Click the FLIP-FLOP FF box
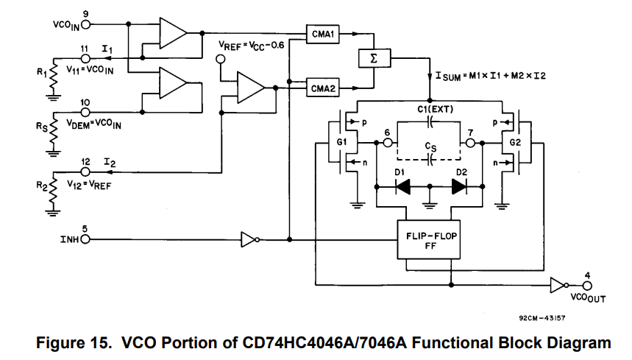[x=428, y=239]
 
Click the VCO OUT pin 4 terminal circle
[x=586, y=285]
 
